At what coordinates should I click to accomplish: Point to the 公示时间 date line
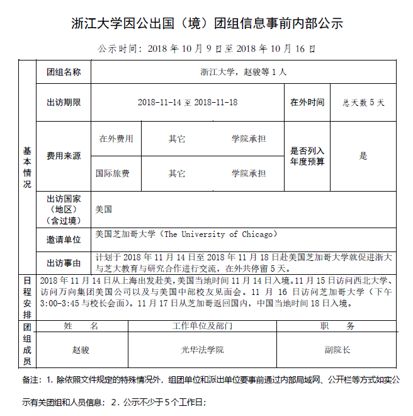tap(207, 48)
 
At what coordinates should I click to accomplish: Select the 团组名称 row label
tap(64, 72)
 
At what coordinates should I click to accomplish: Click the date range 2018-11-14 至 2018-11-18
tap(188, 102)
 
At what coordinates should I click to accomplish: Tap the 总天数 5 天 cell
tap(363, 102)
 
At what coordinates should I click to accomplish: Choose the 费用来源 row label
tap(64, 156)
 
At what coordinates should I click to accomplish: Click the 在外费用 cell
tap(116, 139)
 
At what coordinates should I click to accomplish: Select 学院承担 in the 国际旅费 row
tap(249, 173)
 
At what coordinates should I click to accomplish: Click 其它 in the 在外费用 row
tap(177, 139)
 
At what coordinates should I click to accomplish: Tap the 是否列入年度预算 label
tap(307, 156)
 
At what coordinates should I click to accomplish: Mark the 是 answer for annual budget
tap(363, 156)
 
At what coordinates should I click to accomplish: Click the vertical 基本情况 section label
tap(27, 167)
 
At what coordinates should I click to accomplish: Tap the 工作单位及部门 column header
tap(203, 326)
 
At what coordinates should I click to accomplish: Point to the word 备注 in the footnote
tap(30, 381)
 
